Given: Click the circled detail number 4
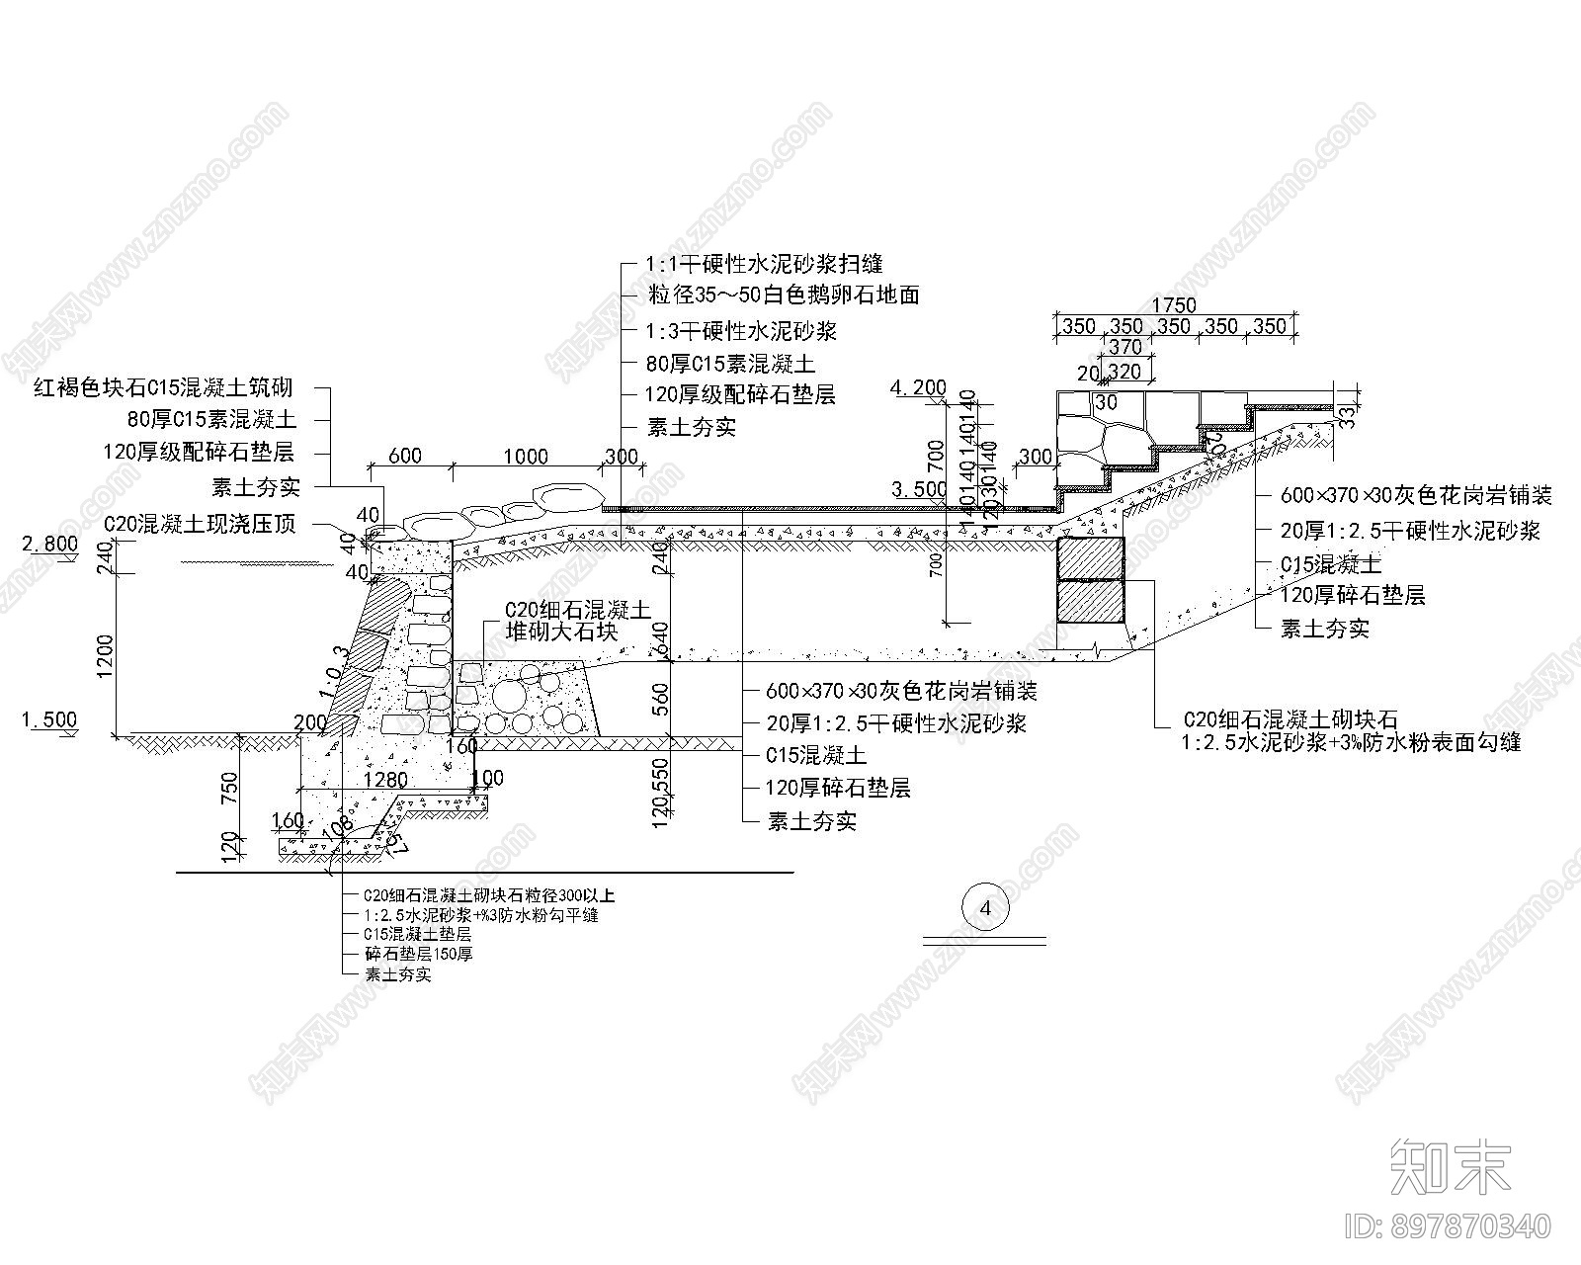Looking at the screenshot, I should coord(984,907).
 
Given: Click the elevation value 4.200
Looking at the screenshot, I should coord(918,387).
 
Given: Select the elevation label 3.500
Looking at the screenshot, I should coord(918,489).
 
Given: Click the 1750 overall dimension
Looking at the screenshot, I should coord(1174,305).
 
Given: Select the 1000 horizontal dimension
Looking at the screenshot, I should coord(525,456).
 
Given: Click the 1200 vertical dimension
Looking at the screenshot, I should coord(106,652).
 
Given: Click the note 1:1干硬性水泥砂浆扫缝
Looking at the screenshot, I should coord(763,264).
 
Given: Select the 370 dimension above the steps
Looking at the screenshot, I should coord(1125,347).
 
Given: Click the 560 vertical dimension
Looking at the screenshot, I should coord(661,699).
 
